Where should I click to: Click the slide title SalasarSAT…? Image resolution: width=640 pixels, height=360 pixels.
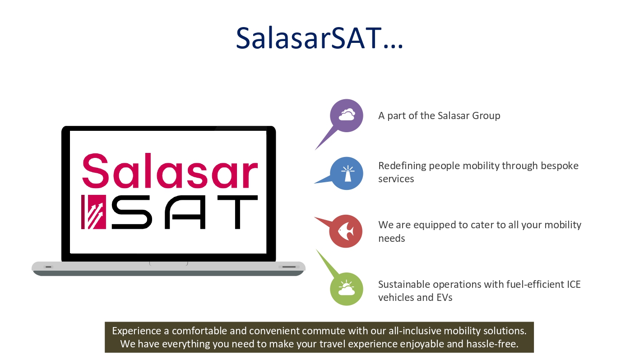[319, 38]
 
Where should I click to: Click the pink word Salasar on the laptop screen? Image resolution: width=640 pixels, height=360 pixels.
[170, 171]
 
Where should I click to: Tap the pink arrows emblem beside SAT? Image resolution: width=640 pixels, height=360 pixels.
[93, 212]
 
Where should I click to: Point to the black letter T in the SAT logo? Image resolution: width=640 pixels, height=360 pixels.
[237, 212]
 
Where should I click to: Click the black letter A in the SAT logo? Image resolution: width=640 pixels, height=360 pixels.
[185, 212]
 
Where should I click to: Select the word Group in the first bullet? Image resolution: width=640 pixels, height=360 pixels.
[486, 116]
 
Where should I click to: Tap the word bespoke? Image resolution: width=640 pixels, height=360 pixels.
[560, 166]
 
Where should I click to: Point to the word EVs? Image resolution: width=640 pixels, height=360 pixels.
[444, 297]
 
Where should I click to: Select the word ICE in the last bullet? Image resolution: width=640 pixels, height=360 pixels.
[574, 284]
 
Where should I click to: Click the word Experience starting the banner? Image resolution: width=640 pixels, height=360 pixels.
[137, 331]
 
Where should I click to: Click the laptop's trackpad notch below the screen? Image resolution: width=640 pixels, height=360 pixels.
[168, 263]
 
